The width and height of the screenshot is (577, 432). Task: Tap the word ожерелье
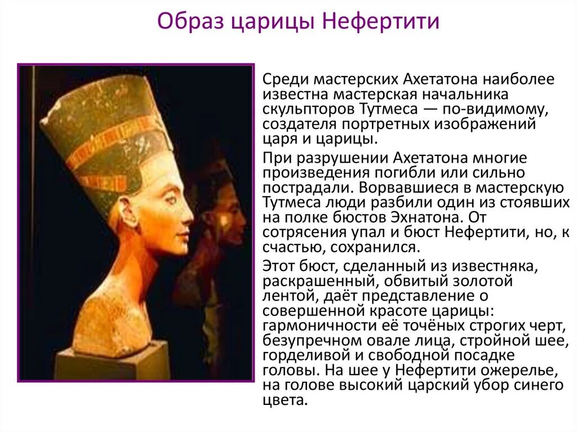[514, 371]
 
